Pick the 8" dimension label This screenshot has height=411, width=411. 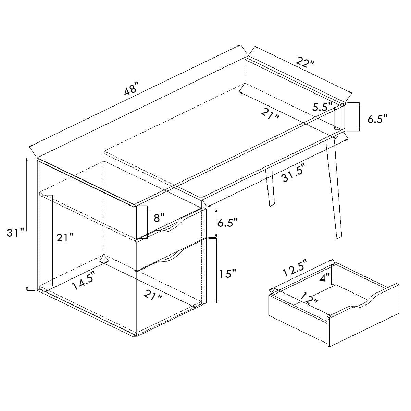[159, 218]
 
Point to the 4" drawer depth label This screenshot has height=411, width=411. [325, 278]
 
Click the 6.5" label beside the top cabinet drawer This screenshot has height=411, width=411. [227, 223]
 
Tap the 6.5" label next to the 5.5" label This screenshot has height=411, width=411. [377, 119]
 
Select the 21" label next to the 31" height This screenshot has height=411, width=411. [65, 237]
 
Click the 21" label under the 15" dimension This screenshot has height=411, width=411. [152, 295]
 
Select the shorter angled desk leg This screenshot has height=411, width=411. [270, 186]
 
